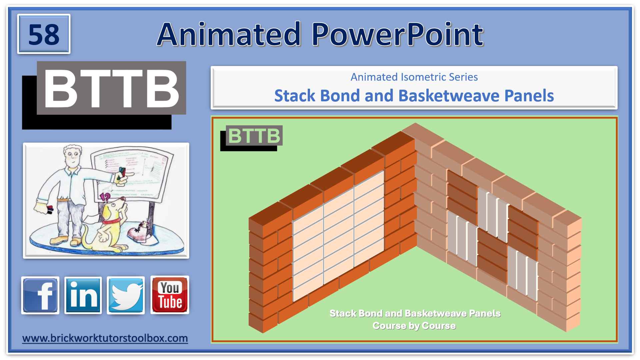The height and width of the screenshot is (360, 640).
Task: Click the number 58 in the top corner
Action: point(44,34)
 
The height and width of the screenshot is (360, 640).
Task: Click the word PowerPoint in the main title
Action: point(397,34)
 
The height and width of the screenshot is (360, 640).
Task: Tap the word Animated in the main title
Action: point(229,34)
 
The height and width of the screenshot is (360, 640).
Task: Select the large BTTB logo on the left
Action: point(111,89)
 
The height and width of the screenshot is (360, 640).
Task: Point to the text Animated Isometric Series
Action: point(414,77)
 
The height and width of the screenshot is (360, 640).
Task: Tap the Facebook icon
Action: point(40,295)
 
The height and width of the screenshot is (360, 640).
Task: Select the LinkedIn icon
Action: point(83,295)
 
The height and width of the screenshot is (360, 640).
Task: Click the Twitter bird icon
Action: point(126,295)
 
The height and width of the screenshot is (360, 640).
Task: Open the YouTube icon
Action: point(170,295)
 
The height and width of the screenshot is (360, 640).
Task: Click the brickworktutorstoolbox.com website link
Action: point(105,338)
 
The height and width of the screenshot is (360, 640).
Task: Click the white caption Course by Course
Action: point(414,326)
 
